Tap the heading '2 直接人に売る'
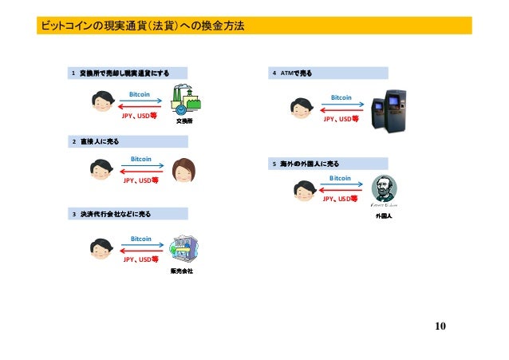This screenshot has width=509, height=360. (97, 141)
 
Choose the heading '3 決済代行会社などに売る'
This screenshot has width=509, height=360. (112, 213)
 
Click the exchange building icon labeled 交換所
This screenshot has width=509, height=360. (184, 101)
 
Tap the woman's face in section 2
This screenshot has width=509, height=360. (184, 169)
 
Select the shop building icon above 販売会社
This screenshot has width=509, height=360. (183, 249)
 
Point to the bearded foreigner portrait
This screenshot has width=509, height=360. (385, 191)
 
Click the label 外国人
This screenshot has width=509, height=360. (384, 216)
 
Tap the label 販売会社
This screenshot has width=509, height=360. (183, 271)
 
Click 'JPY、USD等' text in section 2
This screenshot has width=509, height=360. (140, 180)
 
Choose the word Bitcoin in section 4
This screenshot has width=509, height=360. (341, 97)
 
